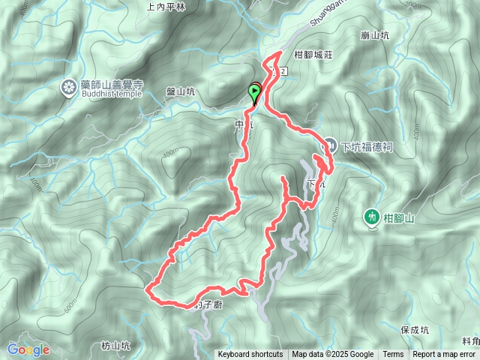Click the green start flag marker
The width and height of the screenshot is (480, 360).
point(255,92)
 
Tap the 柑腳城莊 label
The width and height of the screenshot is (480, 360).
point(313,54)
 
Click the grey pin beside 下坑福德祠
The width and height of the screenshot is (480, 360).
point(330,145)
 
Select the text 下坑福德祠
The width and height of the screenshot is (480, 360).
point(367,146)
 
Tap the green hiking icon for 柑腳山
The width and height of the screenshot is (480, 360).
point(371,217)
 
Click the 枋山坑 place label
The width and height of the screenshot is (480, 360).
point(115,346)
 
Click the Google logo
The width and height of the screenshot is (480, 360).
point(28,349)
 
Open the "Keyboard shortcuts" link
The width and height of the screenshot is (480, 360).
point(250,355)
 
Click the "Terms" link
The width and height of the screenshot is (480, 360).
point(393,355)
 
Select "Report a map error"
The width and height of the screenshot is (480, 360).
point(444,355)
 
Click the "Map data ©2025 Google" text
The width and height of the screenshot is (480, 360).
point(333,355)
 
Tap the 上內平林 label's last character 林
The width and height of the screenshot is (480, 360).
point(181,5)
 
